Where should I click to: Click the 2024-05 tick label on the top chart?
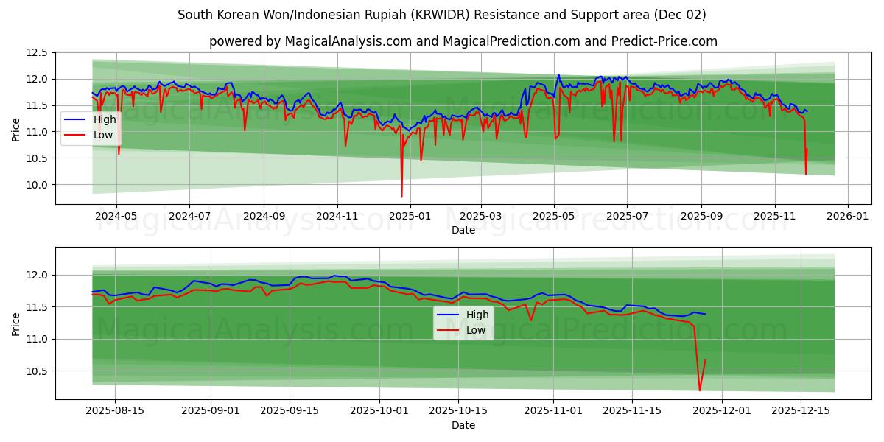point(116,217)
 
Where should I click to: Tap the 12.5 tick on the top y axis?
point(38,53)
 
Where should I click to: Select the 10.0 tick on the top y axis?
point(38,185)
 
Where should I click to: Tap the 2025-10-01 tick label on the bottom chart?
point(379,411)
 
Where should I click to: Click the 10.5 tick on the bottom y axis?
point(38,371)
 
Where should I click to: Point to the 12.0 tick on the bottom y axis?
point(38,275)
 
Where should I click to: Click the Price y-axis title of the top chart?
point(16,130)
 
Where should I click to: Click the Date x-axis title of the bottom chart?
point(463,425)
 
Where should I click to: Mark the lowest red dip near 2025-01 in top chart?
point(401,197)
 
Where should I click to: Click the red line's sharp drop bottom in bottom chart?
point(699,390)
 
